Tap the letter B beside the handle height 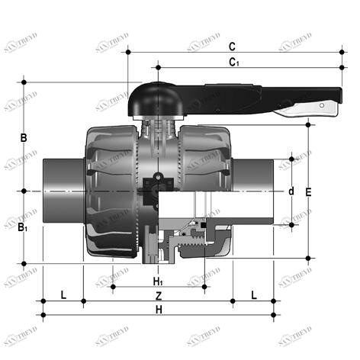24,138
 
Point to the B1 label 24,227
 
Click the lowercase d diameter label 291,190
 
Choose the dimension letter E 308,192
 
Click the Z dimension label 158,295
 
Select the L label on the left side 63,294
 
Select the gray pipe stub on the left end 58,190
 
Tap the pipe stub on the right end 258,190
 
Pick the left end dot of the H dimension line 43,315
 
